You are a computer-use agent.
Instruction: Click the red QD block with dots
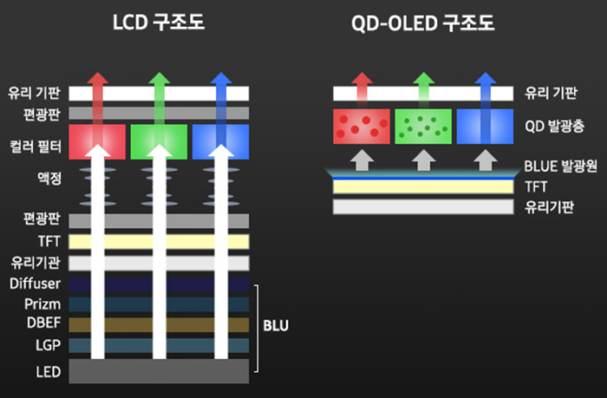click(x=362, y=127)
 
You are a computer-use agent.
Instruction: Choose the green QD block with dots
click(x=423, y=127)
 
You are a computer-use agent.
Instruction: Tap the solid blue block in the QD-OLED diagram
click(x=485, y=127)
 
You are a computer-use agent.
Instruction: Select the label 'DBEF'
click(x=40, y=324)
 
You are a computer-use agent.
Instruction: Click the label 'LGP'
click(x=45, y=346)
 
